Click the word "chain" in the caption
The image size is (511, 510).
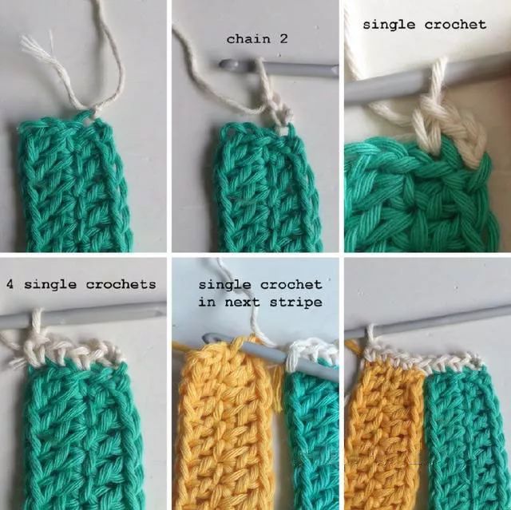pos(248,39)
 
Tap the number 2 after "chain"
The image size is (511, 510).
pos(283,39)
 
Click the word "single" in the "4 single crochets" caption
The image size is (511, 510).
pos(50,285)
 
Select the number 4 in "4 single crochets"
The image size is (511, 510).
pos(10,285)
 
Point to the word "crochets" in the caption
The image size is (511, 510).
pos(121,285)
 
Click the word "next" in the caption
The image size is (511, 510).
pos(243,302)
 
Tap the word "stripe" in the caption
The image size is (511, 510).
pos(296,302)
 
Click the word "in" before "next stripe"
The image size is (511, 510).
pos(207,302)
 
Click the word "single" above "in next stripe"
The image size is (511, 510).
pos(225,285)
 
